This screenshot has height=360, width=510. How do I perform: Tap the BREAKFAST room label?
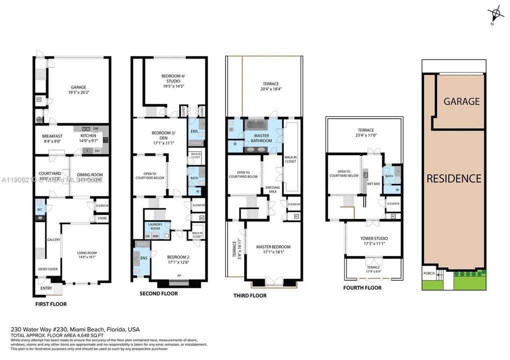52,136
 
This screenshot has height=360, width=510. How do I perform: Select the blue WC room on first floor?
39,209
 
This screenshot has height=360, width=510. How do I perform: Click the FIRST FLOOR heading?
51,304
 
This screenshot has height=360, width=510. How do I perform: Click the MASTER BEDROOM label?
273,247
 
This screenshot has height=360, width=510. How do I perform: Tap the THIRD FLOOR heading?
250,295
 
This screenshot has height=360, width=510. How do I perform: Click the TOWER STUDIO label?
373,238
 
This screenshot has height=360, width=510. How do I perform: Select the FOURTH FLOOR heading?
362,288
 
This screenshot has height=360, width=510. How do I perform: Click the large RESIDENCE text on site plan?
453,178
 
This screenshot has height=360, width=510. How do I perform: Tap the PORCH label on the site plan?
429,273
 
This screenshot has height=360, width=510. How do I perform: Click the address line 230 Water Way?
76,329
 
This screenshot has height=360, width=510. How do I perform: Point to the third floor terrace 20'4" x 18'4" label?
270,86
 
